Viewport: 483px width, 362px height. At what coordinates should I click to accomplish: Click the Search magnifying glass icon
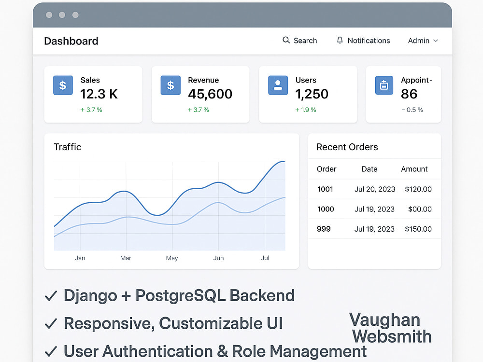[286, 40]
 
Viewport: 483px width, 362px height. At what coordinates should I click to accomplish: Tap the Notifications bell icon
[340, 41]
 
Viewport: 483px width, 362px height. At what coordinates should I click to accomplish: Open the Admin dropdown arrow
[436, 41]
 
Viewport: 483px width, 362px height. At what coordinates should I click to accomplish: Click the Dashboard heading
[71, 41]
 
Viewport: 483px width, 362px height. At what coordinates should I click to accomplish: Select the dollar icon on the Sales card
[63, 85]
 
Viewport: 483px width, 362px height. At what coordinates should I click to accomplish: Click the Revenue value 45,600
[210, 94]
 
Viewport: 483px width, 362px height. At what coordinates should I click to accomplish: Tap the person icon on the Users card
[278, 85]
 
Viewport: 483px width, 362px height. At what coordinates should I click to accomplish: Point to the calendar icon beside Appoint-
[384, 85]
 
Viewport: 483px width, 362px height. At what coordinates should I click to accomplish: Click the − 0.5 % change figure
[412, 110]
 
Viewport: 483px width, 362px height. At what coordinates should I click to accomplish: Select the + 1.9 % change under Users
[306, 110]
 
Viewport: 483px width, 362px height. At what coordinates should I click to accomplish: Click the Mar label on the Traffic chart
[126, 258]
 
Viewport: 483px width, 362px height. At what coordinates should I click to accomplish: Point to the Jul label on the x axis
[265, 258]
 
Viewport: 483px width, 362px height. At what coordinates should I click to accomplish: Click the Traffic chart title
[68, 147]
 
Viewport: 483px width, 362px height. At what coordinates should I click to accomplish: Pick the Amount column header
[414, 169]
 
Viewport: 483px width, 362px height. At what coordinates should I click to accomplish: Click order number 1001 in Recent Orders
[325, 189]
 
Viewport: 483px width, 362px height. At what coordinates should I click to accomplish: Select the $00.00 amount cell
[420, 209]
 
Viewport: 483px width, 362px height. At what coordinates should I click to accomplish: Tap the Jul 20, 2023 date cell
[375, 189]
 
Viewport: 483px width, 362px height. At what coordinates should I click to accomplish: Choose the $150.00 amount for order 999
[418, 229]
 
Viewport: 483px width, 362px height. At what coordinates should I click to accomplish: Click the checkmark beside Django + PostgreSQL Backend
[51, 296]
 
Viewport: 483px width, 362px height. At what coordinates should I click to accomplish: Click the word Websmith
[392, 336]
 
